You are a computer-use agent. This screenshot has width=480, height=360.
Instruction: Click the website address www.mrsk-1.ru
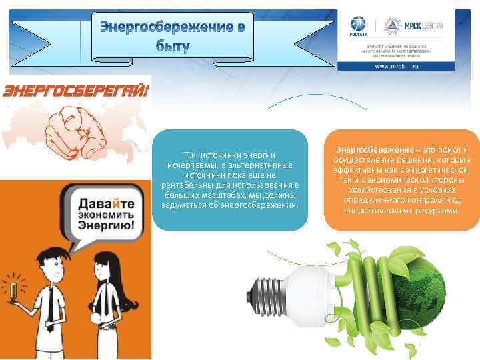397,67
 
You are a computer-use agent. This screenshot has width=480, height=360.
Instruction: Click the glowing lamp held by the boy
14,291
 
